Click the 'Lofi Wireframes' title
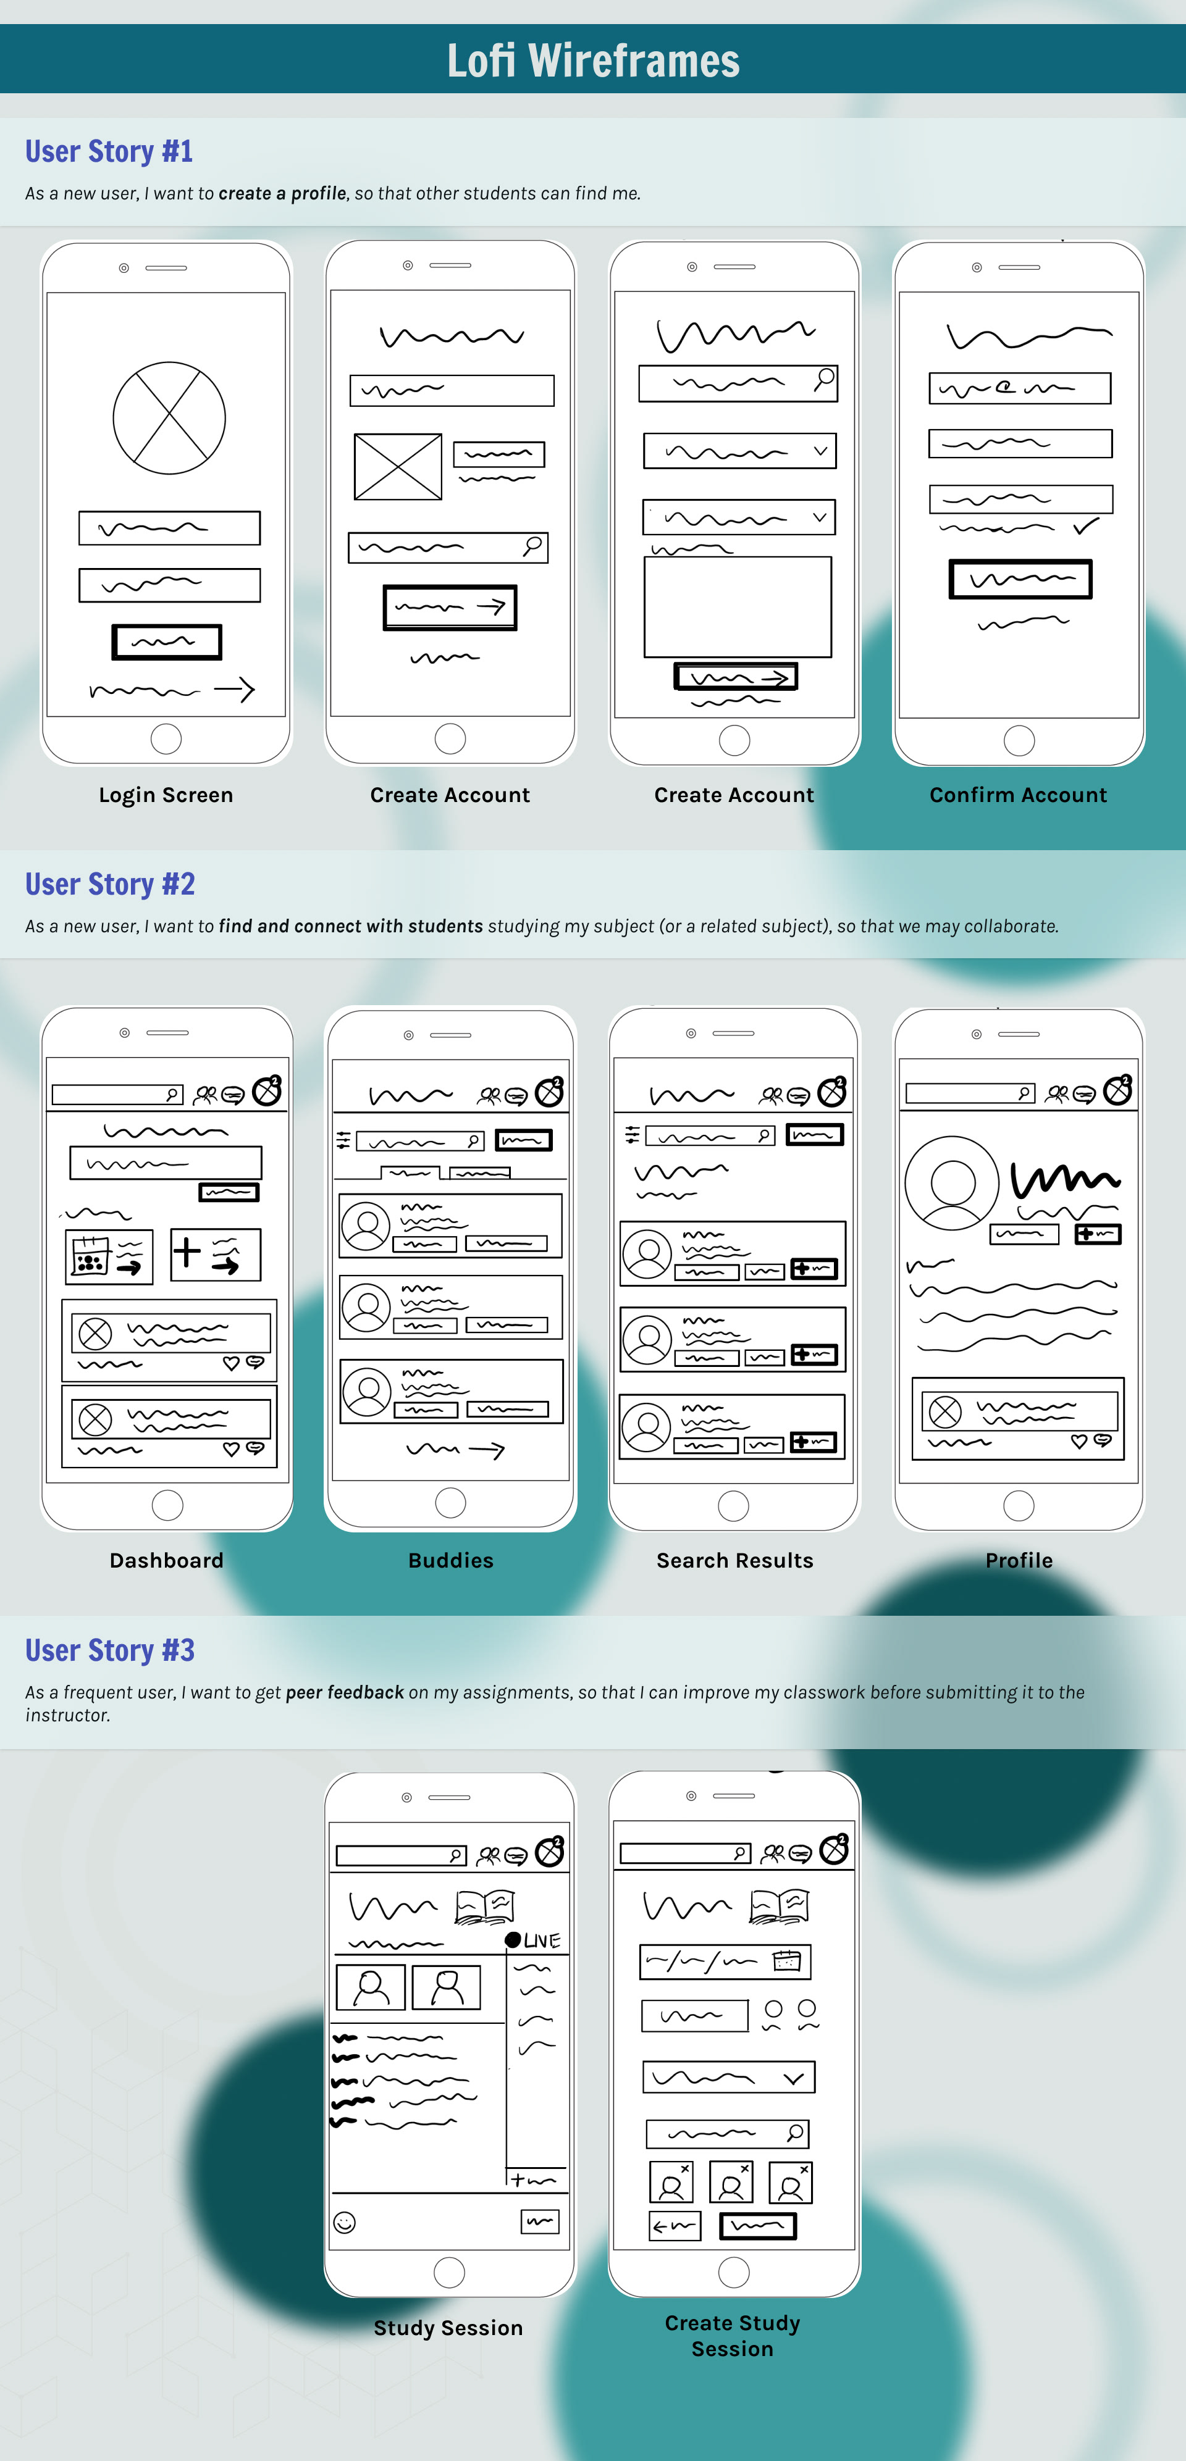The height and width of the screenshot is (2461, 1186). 592,60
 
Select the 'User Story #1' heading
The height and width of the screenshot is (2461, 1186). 109,151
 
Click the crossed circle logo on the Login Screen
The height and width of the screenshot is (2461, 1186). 169,417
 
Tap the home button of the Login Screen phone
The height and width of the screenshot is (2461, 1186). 166,738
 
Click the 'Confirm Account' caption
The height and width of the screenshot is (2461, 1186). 1018,795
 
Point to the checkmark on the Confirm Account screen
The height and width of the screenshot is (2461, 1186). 1086,525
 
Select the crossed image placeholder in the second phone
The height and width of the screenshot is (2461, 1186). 398,466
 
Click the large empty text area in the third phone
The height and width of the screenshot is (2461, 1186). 738,607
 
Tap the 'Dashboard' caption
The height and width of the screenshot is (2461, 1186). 166,1560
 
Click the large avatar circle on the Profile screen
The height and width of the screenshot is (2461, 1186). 952,1183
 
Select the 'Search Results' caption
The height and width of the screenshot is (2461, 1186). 734,1560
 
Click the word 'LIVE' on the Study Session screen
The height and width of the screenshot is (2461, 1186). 542,1941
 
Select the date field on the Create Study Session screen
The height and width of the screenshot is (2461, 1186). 725,1962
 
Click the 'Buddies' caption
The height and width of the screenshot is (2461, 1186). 450,1560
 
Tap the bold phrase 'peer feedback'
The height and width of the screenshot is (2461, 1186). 345,1692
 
